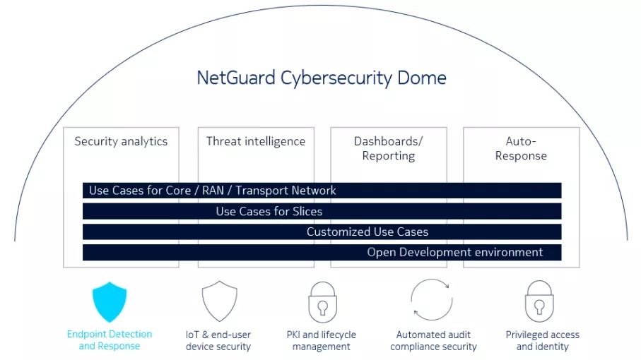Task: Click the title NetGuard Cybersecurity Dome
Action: point(321,78)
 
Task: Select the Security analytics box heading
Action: point(121,141)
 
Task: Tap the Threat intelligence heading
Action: point(255,141)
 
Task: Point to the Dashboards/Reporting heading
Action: point(388,148)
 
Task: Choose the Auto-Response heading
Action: point(521,148)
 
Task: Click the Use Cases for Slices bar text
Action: point(269,211)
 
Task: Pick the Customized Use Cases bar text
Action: point(367,232)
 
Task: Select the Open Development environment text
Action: point(454,252)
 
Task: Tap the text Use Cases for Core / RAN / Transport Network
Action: point(213,191)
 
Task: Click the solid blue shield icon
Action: point(110,301)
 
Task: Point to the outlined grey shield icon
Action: point(219,301)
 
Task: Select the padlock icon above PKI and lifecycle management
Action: point(322,301)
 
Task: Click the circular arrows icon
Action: point(430,299)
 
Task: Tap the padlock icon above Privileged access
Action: point(539,301)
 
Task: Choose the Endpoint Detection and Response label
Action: point(110,340)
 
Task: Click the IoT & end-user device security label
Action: point(218,340)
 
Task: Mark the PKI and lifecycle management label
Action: point(322,340)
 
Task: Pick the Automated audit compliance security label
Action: point(433,340)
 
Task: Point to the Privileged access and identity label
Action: point(542,340)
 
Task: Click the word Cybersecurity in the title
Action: point(324,78)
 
